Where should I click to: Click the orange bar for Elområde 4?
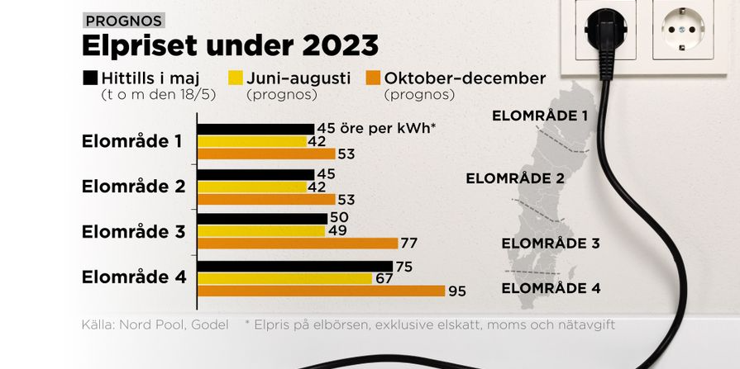tap(321, 291)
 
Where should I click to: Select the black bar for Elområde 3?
tap(262, 219)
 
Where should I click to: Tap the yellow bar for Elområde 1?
tap(252, 141)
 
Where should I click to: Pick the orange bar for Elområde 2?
tap(266, 199)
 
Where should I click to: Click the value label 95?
tap(457, 291)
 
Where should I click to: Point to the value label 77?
tap(409, 244)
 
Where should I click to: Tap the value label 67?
tap(384, 278)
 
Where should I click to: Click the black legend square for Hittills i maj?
tap(90, 78)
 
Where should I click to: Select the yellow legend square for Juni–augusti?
tap(236, 78)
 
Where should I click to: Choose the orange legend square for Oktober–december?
tap(373, 78)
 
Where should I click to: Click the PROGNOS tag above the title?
tap(124, 21)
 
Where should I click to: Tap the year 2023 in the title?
tap(341, 45)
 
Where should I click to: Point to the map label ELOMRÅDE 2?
tap(515, 178)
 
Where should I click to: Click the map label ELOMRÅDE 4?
tap(551, 288)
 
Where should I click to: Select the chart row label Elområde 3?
tap(134, 232)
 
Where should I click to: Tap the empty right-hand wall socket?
tap(683, 29)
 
